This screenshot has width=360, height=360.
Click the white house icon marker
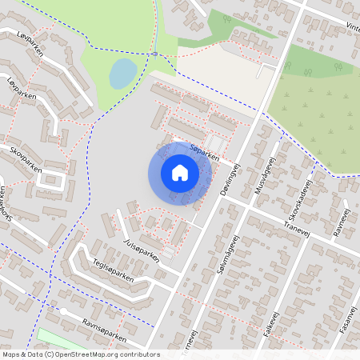(180, 172)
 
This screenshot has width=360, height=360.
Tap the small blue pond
(122, 74)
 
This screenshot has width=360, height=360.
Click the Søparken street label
(204, 152)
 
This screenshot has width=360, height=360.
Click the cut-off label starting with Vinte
(352, 26)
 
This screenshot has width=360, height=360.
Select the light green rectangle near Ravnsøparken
(60, 339)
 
